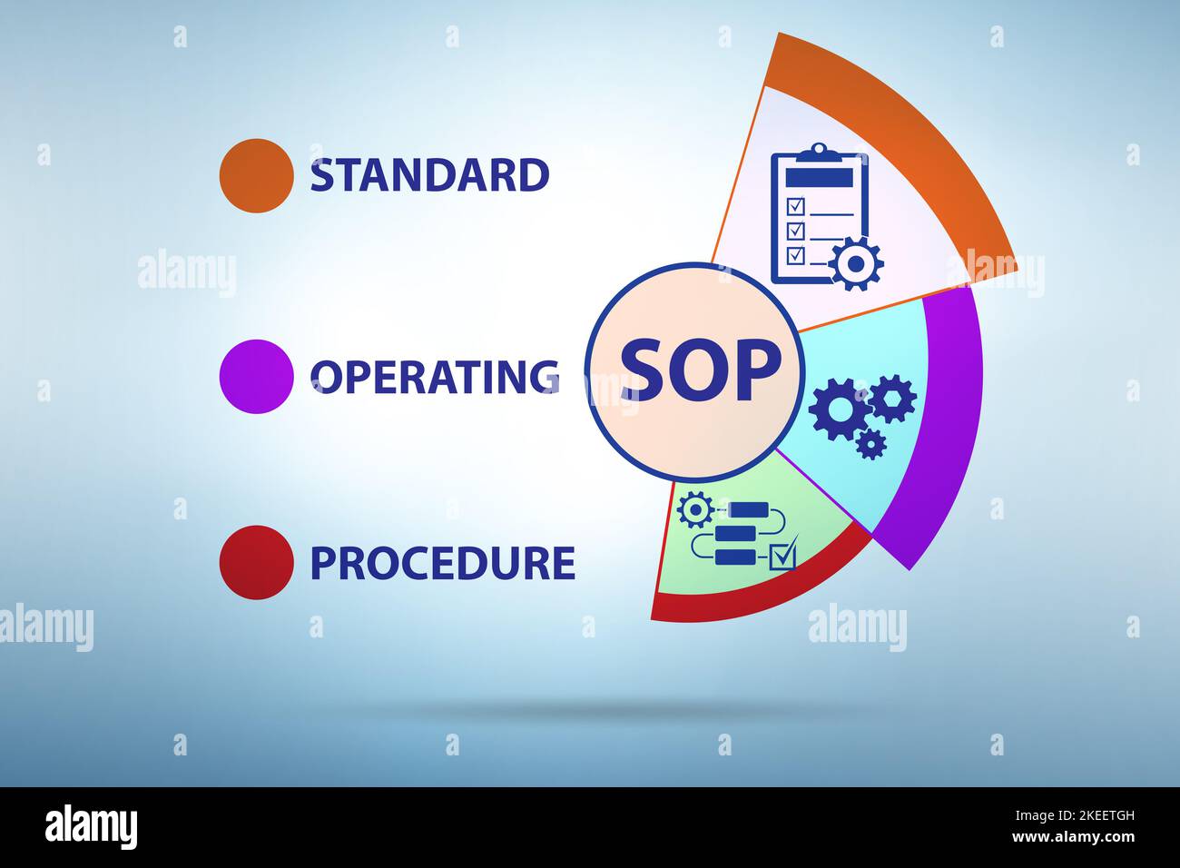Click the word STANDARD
(x=429, y=175)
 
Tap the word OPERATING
(x=434, y=377)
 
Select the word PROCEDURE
(x=442, y=563)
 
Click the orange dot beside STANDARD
(x=257, y=176)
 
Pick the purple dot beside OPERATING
(x=257, y=377)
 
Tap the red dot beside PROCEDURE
(x=257, y=563)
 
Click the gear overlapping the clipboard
(x=856, y=264)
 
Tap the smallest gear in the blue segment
(x=870, y=443)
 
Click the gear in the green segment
(x=695, y=509)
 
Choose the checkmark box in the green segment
(x=782, y=555)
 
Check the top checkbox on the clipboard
(x=794, y=205)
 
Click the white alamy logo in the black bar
(x=91, y=827)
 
